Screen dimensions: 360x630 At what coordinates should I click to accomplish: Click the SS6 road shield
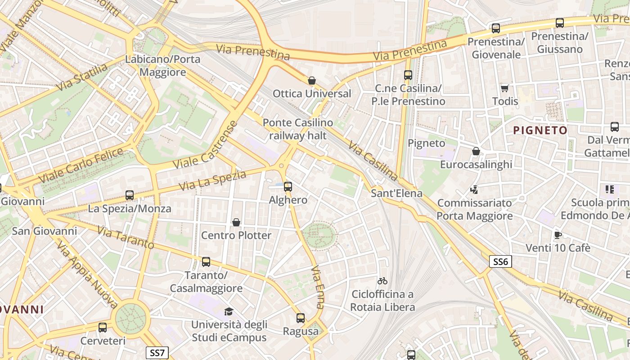tap(500, 261)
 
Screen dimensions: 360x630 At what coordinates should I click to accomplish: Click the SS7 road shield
tap(157, 353)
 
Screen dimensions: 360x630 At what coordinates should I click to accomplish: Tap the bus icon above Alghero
tap(288, 186)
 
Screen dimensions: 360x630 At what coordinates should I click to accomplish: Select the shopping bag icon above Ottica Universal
tap(311, 81)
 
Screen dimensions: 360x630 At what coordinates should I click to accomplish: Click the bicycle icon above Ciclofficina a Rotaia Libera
tap(382, 281)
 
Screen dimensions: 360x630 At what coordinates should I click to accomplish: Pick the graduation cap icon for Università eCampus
tap(229, 311)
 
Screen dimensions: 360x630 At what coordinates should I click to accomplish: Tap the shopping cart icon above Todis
tap(505, 88)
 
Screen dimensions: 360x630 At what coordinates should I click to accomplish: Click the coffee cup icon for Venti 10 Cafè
tap(558, 234)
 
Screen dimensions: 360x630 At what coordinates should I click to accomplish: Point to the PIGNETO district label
tap(540, 130)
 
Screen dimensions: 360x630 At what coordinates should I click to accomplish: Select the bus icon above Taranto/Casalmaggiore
tap(206, 261)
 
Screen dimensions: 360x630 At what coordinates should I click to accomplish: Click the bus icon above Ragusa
tap(301, 318)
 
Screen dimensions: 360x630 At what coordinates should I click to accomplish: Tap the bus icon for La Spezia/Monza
tap(130, 195)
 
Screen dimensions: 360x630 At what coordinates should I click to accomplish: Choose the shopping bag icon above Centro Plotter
tap(236, 222)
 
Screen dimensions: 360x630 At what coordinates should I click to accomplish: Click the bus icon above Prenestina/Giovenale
tap(496, 28)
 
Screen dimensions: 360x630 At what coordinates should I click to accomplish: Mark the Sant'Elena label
tap(396, 193)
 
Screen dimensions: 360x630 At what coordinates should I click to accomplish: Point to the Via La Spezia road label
tap(212, 180)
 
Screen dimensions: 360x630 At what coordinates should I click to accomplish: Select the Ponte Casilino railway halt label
tap(298, 129)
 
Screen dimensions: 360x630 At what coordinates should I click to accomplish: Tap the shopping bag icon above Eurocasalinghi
tap(476, 151)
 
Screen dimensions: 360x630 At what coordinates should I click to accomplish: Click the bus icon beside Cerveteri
tap(103, 328)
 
